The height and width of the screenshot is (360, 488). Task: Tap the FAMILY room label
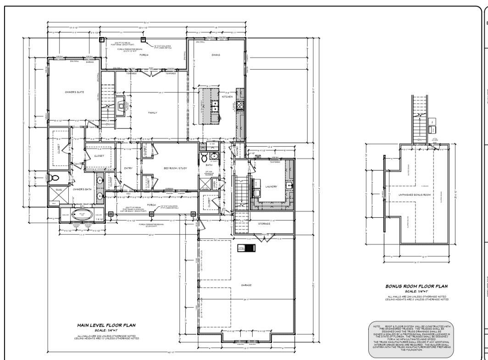pyautogui.click(x=152, y=112)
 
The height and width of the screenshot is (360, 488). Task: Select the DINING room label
pyautogui.click(x=216, y=55)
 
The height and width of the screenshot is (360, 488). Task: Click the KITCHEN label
pyautogui.click(x=227, y=97)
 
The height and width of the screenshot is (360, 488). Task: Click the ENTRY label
pyautogui.click(x=128, y=168)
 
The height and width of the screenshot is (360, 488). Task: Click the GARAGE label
pyautogui.click(x=246, y=285)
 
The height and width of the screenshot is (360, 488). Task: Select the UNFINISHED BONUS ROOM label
pyautogui.click(x=415, y=194)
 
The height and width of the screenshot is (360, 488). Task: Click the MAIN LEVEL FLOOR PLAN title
pyautogui.click(x=106, y=325)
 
